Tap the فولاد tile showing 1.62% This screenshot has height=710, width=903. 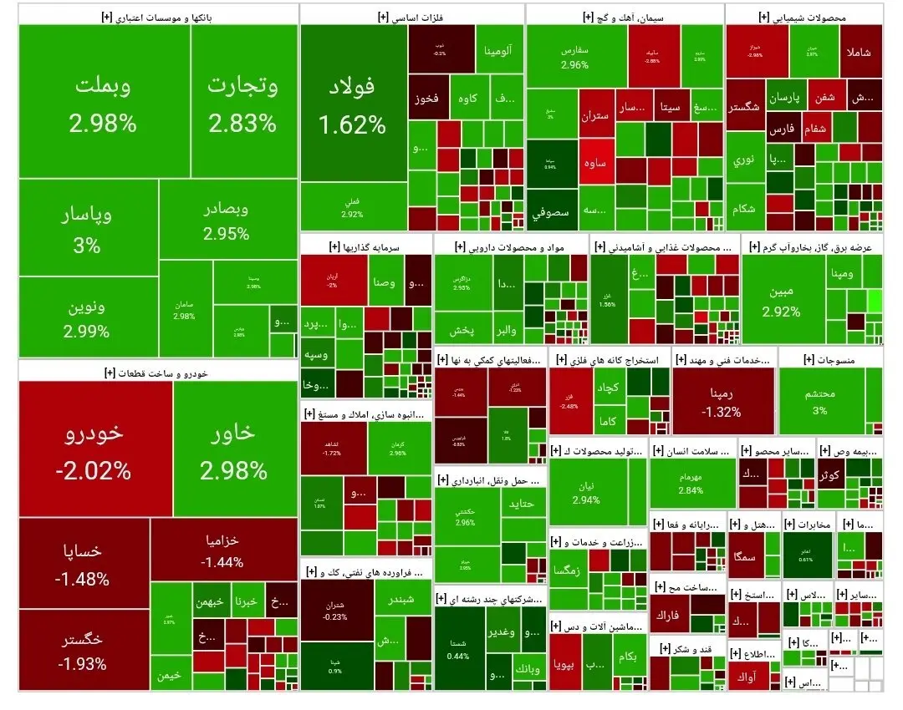click(353, 104)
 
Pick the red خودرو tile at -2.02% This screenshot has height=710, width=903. click(94, 451)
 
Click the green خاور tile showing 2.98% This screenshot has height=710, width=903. click(234, 451)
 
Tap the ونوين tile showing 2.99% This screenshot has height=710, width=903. click(87, 318)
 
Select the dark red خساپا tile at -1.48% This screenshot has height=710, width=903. click(83, 565)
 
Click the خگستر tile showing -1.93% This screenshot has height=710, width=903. click(83, 652)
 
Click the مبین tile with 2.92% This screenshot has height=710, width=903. click(781, 302)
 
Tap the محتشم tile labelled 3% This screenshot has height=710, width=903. click(819, 401)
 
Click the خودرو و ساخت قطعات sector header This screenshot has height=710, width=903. click(159, 371)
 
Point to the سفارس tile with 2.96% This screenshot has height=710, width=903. click(575, 57)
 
